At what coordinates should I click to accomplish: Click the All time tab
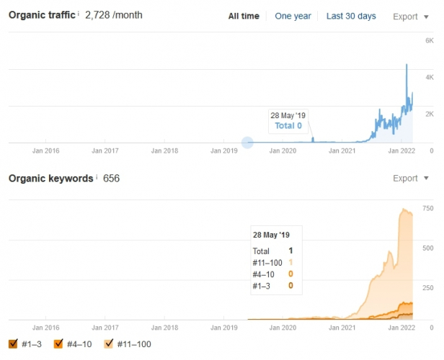(243, 17)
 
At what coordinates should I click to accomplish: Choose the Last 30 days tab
(351, 17)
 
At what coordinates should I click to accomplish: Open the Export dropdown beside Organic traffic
(412, 17)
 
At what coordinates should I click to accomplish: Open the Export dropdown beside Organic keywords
(412, 178)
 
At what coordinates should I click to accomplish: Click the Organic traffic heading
(41, 15)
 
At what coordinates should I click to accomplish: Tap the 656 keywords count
(111, 178)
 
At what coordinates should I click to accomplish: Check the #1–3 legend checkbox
(13, 344)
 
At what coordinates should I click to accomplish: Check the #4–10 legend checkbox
(59, 344)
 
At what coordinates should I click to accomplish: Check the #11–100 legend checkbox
(111, 344)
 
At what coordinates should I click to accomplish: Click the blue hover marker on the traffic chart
(247, 143)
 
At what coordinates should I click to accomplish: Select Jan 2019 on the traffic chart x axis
(224, 151)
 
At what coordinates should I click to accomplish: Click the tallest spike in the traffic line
(407, 65)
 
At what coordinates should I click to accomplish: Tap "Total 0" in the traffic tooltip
(288, 126)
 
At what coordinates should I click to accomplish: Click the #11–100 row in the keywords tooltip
(271, 262)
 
